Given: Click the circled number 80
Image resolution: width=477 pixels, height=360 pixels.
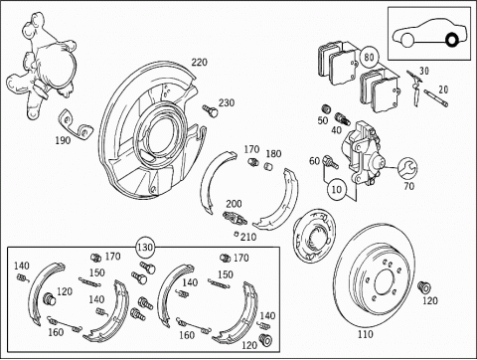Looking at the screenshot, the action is pos(369,57).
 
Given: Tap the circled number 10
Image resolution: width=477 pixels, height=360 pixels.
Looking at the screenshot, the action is pos(336,189).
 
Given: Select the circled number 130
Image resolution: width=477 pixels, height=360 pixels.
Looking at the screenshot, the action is pos(145,248).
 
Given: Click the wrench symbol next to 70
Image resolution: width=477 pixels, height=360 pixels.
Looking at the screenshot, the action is pos(407,168).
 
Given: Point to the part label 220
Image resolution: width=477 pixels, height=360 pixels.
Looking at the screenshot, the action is pos(199,63).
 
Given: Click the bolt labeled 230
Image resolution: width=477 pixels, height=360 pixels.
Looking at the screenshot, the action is pos(211,110).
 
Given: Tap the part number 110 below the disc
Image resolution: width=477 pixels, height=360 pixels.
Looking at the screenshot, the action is pos(365,334).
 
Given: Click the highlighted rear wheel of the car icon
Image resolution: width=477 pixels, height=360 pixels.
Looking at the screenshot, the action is pos(452,40).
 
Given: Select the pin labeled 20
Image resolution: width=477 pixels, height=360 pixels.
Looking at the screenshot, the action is pos(436,98).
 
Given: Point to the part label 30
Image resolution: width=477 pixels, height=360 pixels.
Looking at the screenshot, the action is pos(424,71).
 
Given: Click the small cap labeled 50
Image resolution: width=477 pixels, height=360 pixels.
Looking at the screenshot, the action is pos(327,108).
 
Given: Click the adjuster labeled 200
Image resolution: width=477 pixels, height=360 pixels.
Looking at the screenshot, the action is pos(235,218).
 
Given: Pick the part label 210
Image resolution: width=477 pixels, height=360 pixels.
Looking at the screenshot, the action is pos(248,237).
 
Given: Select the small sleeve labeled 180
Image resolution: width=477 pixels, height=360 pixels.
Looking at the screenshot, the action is pos(268,166).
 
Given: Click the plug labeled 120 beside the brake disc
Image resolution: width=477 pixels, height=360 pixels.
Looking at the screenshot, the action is pos(423,287).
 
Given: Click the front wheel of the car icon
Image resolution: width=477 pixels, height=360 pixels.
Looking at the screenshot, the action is pos(407,40).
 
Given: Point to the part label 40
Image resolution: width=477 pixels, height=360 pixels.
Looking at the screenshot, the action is pos(336,130).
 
